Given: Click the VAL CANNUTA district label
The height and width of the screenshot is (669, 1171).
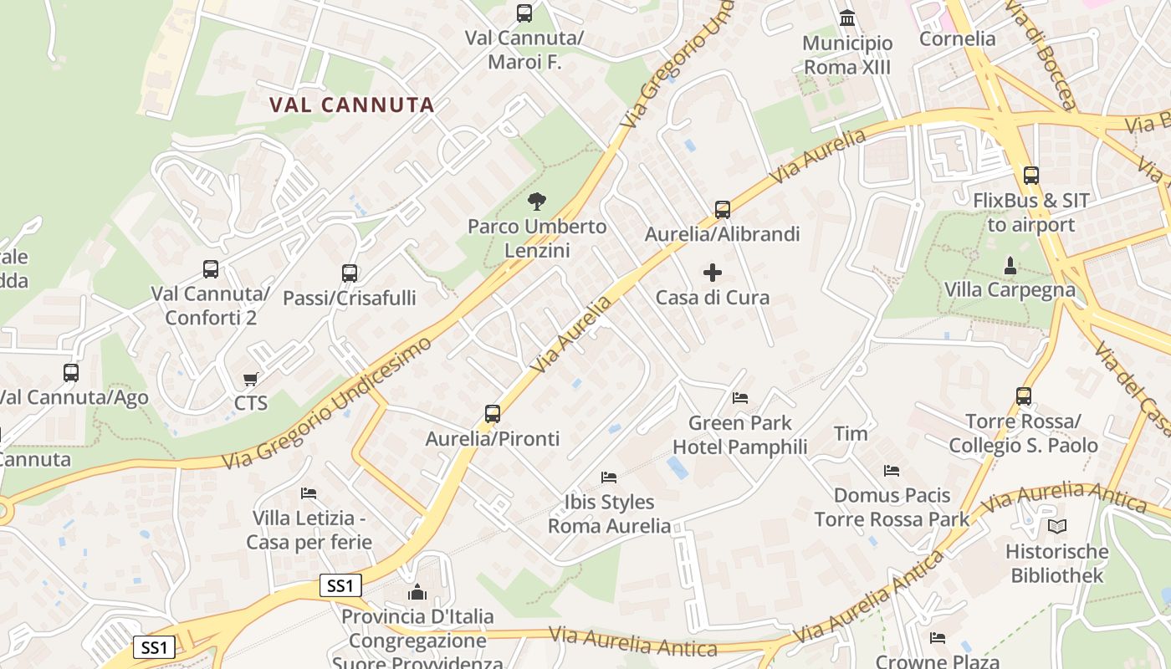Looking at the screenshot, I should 352,105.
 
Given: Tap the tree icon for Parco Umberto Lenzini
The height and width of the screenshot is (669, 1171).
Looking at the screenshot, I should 537,201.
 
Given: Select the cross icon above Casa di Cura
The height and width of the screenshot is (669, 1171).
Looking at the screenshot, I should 713,273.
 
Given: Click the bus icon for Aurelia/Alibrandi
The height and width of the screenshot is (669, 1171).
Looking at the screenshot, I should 723,209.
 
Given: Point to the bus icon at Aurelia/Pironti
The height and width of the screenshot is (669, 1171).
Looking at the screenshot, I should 493,413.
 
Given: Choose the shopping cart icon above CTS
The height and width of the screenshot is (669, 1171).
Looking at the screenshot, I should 250,380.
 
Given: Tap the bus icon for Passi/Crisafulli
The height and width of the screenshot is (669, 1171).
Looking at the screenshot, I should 350,273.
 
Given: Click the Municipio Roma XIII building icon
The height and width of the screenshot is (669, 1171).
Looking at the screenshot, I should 847,18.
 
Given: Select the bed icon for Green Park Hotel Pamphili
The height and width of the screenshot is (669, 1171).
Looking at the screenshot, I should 740,397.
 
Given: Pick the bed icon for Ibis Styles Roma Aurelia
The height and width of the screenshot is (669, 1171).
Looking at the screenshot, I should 609,477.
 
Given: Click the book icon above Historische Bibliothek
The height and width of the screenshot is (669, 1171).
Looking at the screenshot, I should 1057,526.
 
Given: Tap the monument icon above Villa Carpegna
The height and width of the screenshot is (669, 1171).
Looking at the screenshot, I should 1010,265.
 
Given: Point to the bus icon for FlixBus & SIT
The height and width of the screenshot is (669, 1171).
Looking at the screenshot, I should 1031,176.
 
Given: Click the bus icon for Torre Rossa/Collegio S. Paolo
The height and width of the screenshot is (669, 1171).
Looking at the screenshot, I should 1024,396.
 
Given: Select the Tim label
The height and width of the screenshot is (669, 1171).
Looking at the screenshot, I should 851,433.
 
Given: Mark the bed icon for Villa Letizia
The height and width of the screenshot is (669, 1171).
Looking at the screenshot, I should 309,493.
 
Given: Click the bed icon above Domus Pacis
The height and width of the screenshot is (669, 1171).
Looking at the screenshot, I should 892,471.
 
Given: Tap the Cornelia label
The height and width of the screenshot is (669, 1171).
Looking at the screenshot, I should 958,38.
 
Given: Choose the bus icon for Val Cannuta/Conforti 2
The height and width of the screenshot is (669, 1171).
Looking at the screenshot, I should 211,268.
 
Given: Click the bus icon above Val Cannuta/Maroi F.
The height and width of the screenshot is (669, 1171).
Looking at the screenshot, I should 524,13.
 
